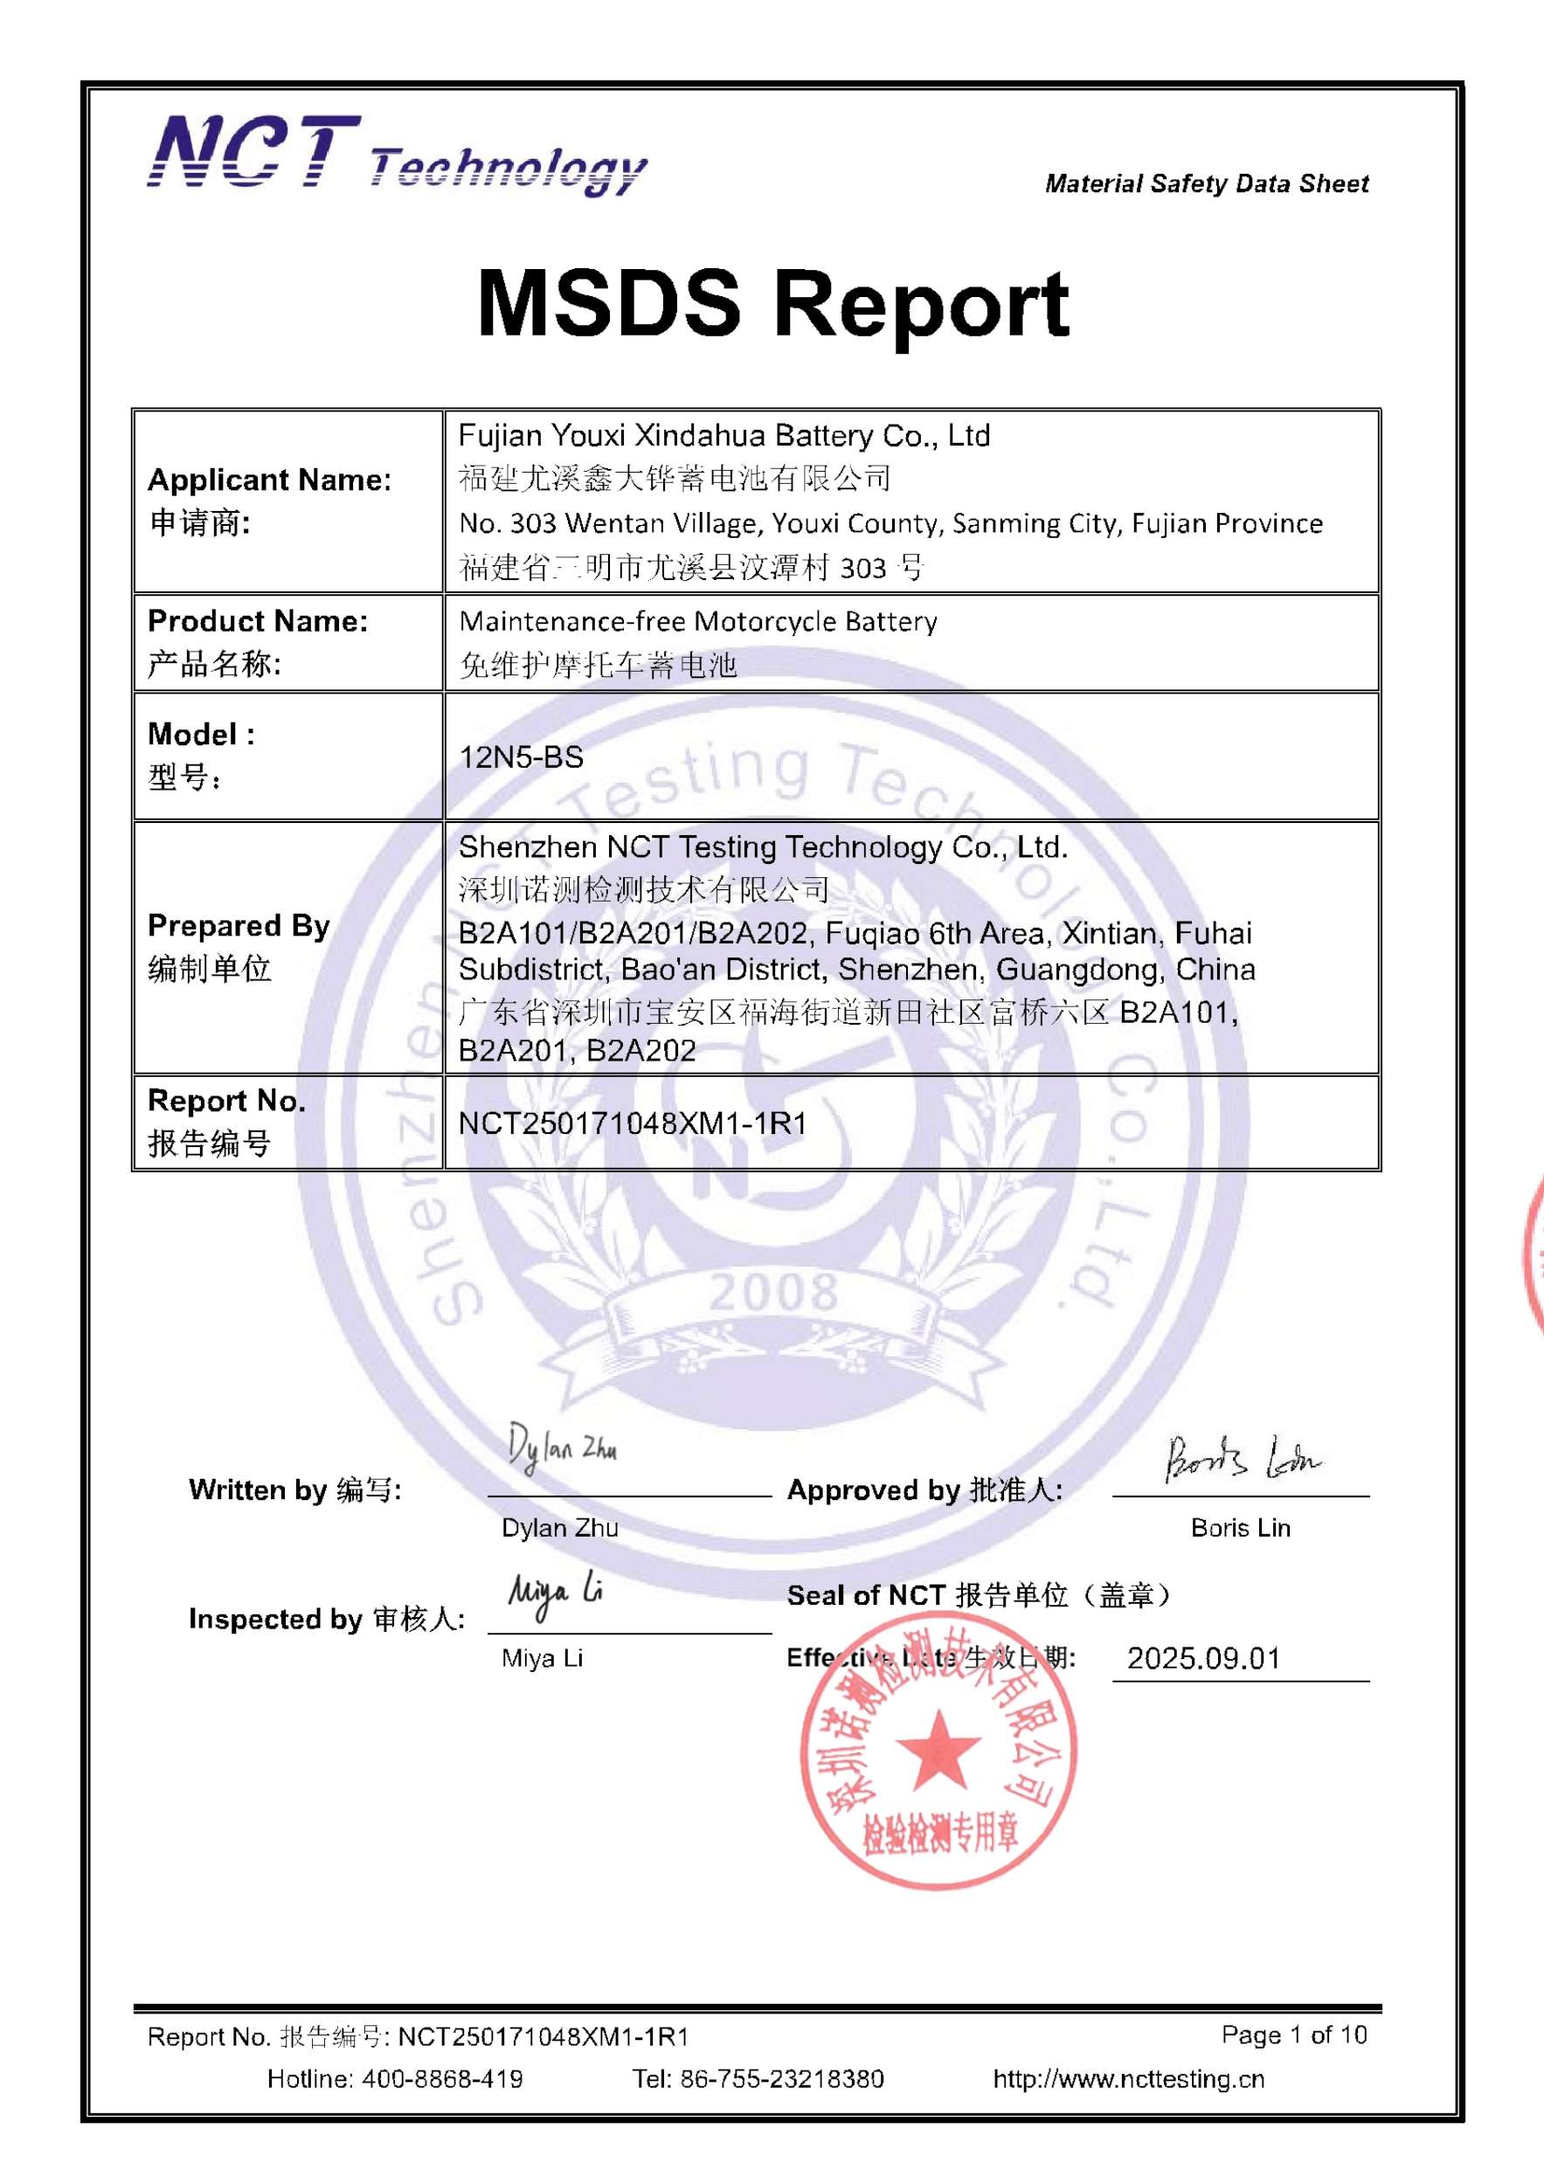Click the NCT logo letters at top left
pos(254,152)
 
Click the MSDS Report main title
pos(772,303)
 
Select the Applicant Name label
pos(269,480)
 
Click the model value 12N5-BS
pos(522,757)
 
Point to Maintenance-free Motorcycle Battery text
pos(697,621)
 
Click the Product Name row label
pos(257,621)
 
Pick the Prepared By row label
pos(238,925)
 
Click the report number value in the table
pos(632,1123)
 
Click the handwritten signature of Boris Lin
pos(1241,1459)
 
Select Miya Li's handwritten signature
pos(555,1594)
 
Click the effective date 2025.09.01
pos(1203,1659)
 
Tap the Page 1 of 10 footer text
pos(1294,2035)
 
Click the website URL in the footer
pos(1128,2079)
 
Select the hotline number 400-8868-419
pos(441,2079)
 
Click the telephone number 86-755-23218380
pos(781,2079)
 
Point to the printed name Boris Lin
pos(1241,1528)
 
